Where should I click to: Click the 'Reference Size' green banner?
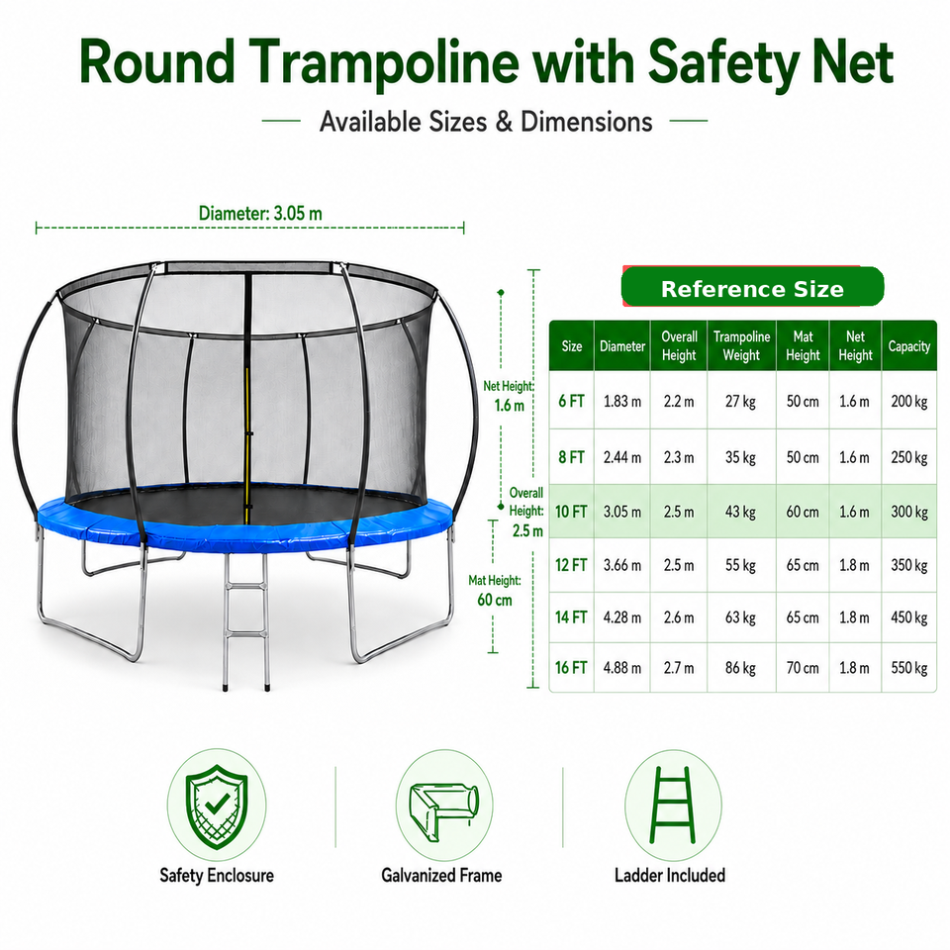tap(752, 287)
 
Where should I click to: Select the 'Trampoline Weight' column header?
tap(741, 346)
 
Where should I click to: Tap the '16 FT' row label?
tap(571, 668)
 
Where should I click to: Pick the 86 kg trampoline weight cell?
tap(740, 668)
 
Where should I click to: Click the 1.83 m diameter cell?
tap(622, 401)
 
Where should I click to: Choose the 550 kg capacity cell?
tap(908, 668)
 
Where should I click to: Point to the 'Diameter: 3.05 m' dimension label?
tap(260, 214)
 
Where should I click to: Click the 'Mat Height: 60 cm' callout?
tap(495, 590)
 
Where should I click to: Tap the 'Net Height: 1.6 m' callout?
tap(509, 396)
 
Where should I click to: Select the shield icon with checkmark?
tap(217, 806)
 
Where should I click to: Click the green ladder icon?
tap(673, 805)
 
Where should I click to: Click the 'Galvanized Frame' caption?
tap(441, 876)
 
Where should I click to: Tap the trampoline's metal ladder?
tap(246, 621)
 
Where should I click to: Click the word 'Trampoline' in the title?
tap(384, 63)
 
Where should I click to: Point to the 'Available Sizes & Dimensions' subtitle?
tap(486, 121)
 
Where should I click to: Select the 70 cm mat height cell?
tap(803, 668)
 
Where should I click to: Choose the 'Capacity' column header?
tap(908, 346)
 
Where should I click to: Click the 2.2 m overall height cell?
tap(679, 401)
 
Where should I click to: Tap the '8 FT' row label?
tap(571, 457)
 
